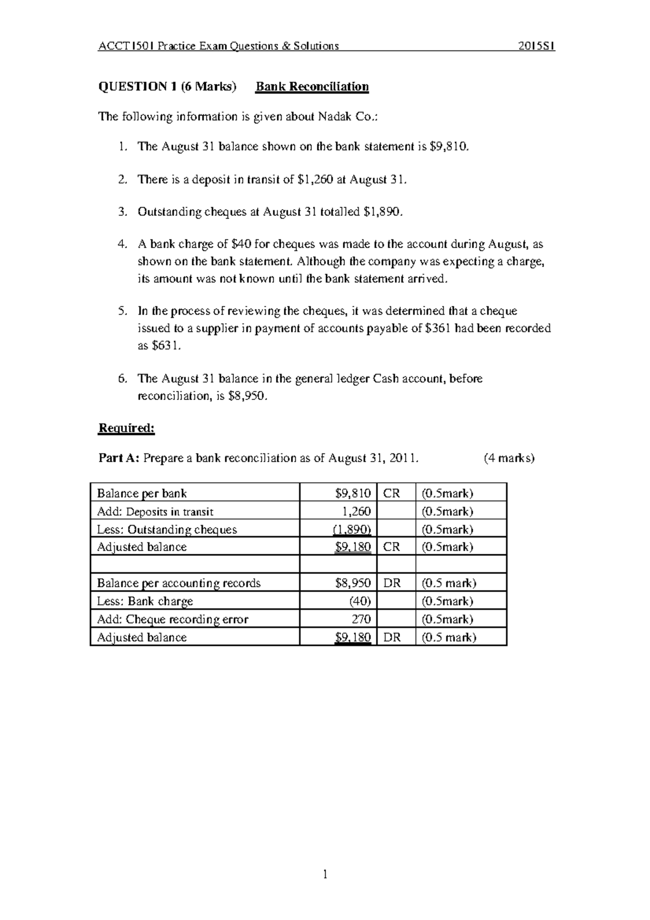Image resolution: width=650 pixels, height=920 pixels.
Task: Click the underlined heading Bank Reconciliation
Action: tap(312, 87)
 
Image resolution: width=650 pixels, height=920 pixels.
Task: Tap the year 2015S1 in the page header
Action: tap(536, 46)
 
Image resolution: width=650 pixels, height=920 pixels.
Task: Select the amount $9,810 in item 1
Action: tap(447, 146)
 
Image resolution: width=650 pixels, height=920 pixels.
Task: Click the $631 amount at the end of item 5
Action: tap(164, 346)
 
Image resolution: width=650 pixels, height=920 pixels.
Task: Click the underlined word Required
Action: tap(126, 429)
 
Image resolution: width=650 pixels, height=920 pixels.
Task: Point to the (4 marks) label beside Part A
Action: tap(509, 458)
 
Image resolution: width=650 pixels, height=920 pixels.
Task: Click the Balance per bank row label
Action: tap(142, 494)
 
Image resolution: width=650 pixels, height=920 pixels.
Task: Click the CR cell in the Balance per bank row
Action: tap(391, 494)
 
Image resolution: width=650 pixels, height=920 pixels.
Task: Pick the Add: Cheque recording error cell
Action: tap(172, 619)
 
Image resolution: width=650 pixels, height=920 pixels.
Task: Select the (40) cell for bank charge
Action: tap(360, 601)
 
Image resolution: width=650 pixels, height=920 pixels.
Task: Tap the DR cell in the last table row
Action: tap(392, 638)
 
